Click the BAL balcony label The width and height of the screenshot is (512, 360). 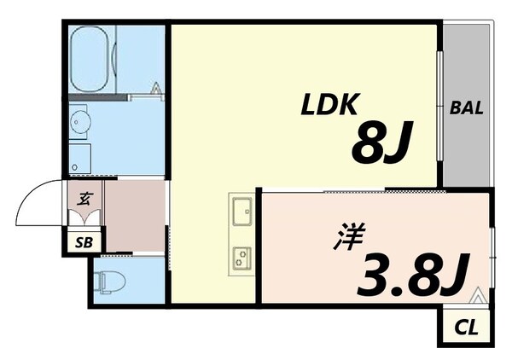tap(467, 108)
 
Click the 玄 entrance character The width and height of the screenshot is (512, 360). tap(85, 200)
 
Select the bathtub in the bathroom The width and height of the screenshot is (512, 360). tap(92, 60)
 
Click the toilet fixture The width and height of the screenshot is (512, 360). tap(108, 280)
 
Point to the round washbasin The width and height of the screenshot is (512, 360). tap(80, 121)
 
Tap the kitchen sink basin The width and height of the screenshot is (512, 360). tap(241, 207)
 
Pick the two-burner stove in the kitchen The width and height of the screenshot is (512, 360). tap(241, 254)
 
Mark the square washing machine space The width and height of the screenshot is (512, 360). tap(80, 157)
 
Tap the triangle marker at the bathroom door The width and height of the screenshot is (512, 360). tap(156, 88)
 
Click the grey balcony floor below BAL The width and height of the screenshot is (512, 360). tap(467, 154)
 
